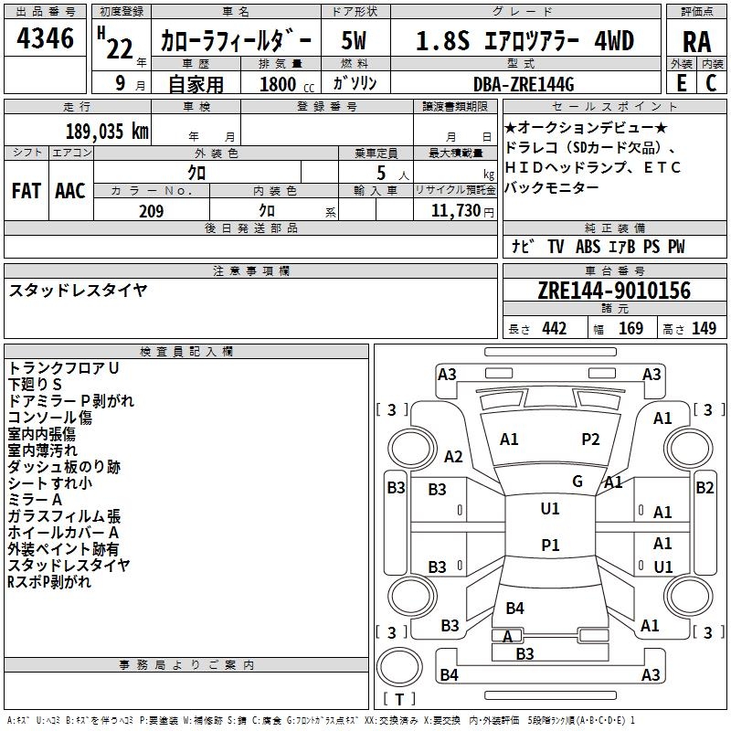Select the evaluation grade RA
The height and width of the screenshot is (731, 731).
coord(696,41)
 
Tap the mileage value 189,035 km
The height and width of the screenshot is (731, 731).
coord(108,131)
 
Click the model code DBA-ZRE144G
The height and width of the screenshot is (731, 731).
coord(524,84)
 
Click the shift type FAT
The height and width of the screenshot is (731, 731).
coord(26,191)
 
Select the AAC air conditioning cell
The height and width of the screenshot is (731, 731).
coord(70,191)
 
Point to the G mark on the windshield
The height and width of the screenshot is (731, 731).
coord(577,481)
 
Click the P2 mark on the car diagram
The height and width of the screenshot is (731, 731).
coord(591,440)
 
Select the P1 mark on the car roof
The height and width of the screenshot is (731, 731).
coord(550,545)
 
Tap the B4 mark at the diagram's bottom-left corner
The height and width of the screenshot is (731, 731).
coord(449,675)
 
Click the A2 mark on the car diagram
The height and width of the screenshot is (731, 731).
coord(453,456)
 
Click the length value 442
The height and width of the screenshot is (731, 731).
coord(554,329)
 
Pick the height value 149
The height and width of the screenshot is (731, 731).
coord(704,329)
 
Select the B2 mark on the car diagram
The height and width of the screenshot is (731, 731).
coord(705,488)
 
